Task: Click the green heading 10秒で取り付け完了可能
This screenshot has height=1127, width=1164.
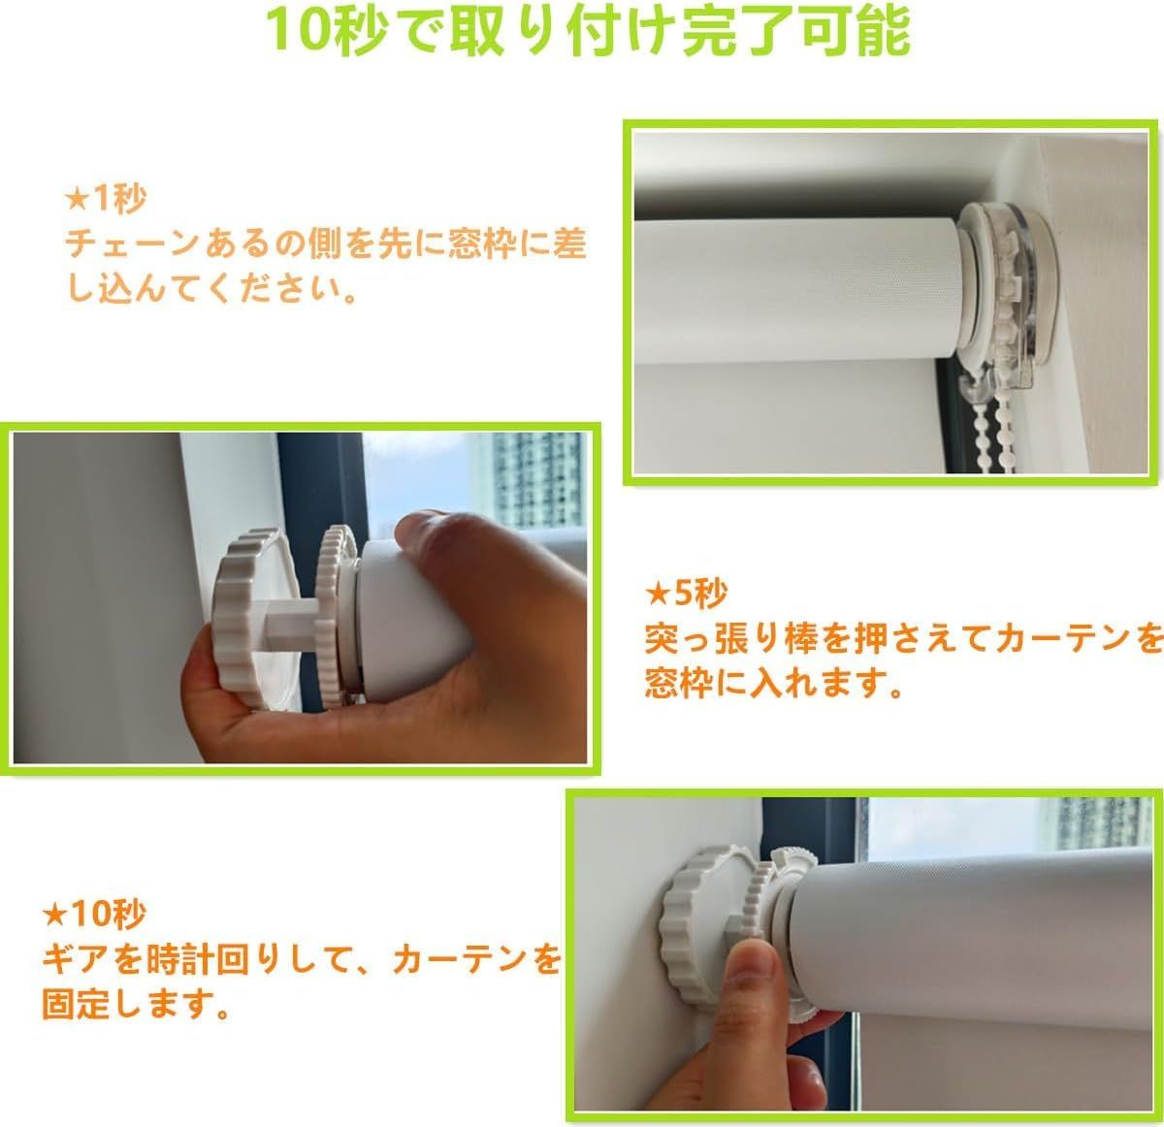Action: [589, 31]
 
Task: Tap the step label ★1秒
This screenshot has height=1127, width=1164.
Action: [106, 199]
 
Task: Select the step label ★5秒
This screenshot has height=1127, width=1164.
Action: [686, 594]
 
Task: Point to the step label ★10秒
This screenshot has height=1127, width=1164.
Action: [94, 914]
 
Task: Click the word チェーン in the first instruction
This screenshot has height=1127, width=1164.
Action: [132, 244]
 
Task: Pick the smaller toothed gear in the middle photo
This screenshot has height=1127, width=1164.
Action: [337, 616]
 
